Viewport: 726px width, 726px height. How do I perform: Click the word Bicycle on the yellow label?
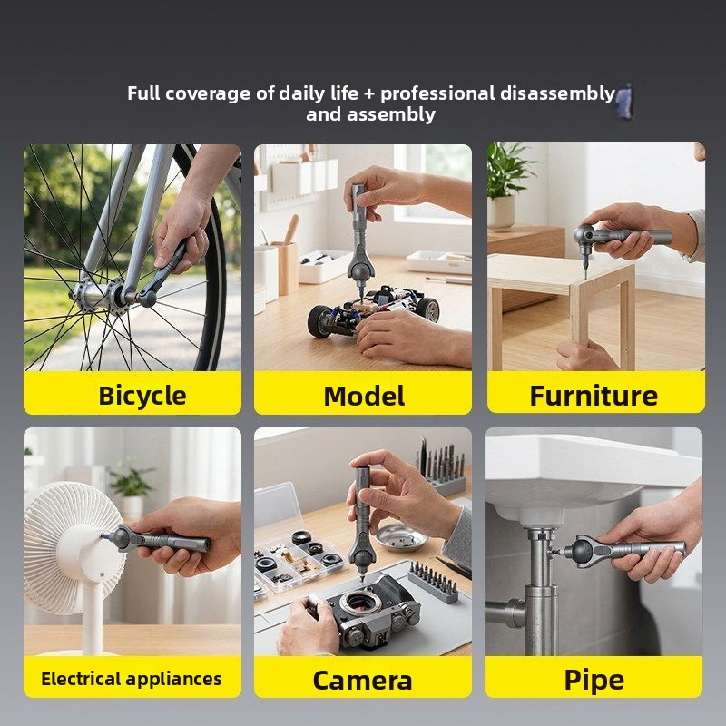coord(142,396)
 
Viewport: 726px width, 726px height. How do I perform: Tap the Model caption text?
coord(364,397)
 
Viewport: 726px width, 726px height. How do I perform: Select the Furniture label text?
coord(594,396)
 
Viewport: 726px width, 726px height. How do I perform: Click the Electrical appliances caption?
coord(132,679)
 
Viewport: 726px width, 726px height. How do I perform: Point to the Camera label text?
coord(362,681)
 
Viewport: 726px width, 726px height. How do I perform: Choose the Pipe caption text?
coord(594,681)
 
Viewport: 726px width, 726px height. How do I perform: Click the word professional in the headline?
coord(437,94)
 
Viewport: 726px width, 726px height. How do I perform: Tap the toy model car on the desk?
coord(373,310)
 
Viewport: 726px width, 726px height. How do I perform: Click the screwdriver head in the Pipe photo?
coord(580,551)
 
